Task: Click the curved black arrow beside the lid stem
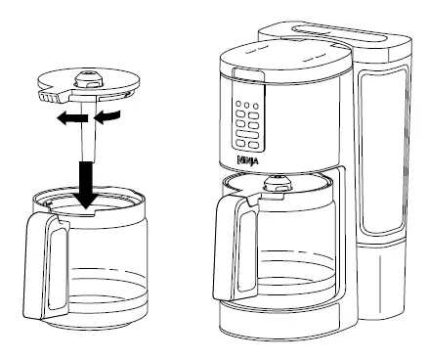pyautogui.click(x=111, y=117)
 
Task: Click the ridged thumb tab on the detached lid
pyautogui.click(x=46, y=98)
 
